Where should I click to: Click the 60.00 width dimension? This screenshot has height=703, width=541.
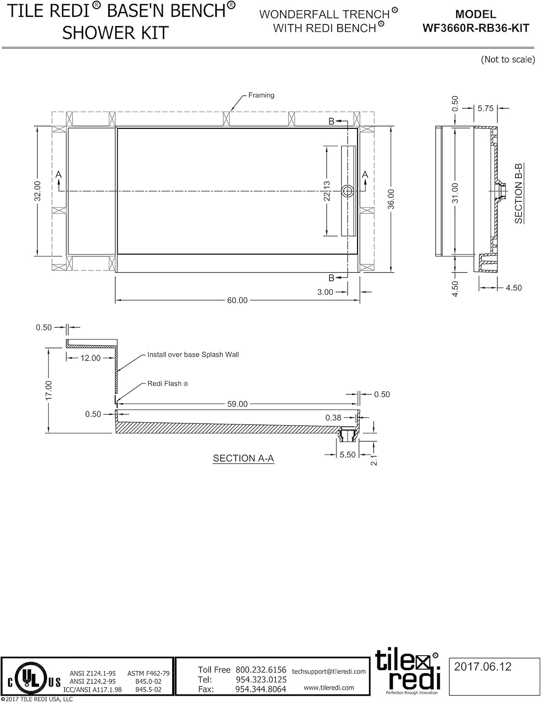click(237, 300)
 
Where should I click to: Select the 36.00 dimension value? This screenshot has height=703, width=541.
click(391, 199)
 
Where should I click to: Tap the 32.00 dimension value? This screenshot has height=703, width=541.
click(38, 191)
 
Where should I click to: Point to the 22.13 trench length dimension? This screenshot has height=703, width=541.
click(327, 191)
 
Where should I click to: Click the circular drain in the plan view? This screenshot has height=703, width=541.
click(348, 191)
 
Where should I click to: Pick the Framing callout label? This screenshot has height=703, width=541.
click(261, 95)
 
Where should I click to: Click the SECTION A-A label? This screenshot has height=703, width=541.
click(244, 458)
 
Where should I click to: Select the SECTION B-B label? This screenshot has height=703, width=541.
click(518, 194)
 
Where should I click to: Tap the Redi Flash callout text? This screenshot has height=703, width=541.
click(168, 384)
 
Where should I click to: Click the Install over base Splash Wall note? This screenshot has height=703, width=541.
click(193, 355)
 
